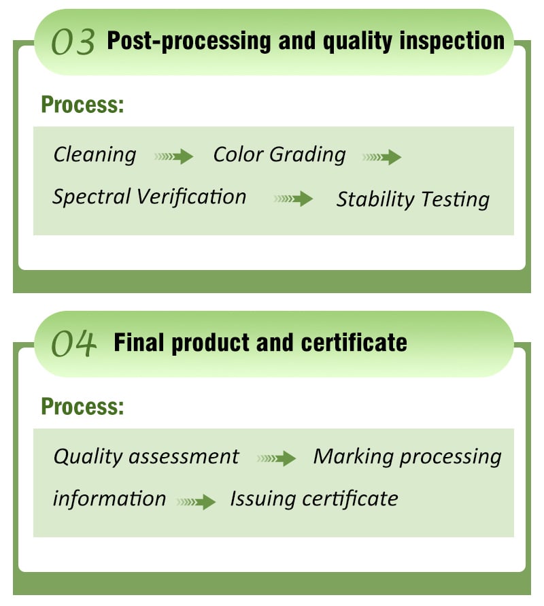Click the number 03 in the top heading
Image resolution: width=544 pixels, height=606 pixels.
click(73, 41)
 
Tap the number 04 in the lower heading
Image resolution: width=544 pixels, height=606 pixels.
click(73, 343)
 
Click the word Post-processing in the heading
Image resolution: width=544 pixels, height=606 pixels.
click(189, 41)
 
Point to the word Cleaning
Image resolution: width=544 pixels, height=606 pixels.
click(95, 154)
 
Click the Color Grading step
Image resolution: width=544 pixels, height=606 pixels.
click(279, 154)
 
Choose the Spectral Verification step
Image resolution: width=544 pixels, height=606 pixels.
click(149, 197)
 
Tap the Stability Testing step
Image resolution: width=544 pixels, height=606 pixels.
click(413, 199)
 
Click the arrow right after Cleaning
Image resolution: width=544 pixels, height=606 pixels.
click(174, 156)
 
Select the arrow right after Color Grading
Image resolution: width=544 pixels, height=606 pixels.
click(381, 157)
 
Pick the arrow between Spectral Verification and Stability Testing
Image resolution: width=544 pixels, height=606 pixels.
click(293, 199)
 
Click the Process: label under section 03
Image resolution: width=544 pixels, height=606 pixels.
click(83, 104)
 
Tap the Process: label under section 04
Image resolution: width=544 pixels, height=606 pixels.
click(83, 406)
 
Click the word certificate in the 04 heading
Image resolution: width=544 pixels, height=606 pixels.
click(354, 343)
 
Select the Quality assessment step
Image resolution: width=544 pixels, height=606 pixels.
click(146, 456)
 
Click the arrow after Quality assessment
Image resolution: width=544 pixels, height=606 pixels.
click(276, 458)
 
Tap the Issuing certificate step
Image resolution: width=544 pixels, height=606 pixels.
click(314, 499)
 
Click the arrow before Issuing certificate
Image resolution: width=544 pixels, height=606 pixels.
click(197, 502)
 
